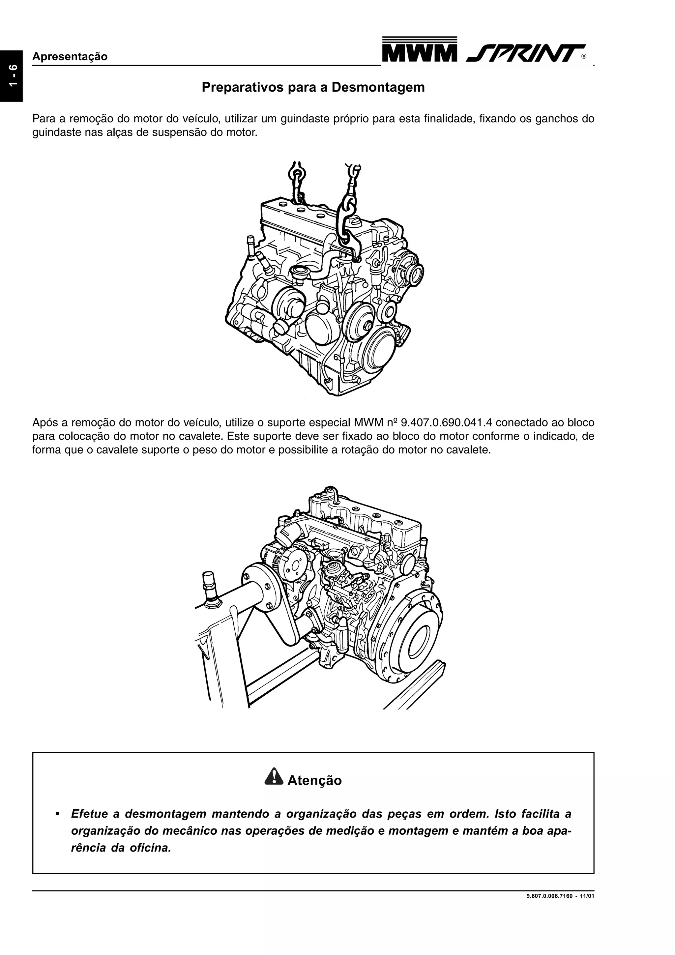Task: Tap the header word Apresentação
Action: (70, 57)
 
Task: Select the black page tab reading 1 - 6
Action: (11, 76)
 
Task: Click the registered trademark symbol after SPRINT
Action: (584, 57)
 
